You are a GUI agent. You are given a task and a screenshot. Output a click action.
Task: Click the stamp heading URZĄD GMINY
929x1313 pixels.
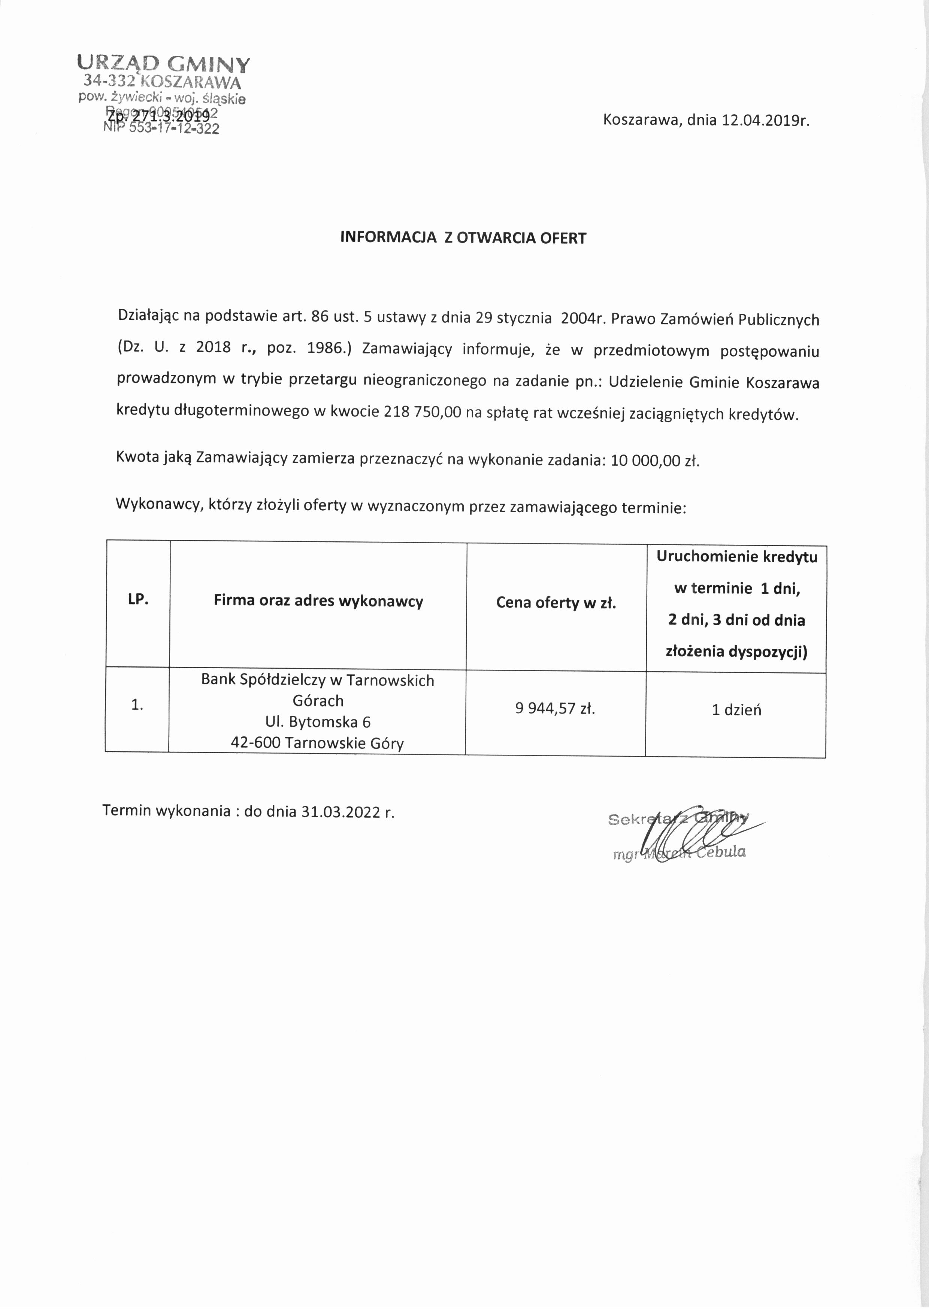(164, 63)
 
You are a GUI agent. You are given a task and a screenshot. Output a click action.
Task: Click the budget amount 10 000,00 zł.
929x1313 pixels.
(655, 461)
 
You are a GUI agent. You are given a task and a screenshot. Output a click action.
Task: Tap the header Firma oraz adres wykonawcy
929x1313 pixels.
(318, 601)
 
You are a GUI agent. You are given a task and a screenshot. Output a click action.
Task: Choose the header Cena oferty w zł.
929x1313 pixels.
(556, 603)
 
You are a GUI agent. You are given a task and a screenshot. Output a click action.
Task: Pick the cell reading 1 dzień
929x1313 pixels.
(736, 710)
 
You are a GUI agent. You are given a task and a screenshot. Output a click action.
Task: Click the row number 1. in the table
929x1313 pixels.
(137, 705)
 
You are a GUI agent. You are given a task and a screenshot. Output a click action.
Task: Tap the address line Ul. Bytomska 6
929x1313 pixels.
(318, 722)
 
